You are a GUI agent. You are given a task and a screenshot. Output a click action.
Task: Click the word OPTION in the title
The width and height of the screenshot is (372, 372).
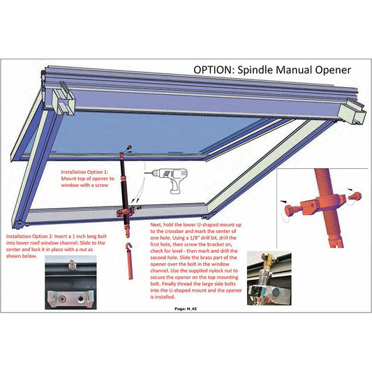point(216,70)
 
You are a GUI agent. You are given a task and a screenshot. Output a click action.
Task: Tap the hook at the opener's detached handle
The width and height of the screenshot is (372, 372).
point(130,248)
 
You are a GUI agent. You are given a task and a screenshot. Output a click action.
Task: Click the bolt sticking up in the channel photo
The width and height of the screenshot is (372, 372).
point(71,265)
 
